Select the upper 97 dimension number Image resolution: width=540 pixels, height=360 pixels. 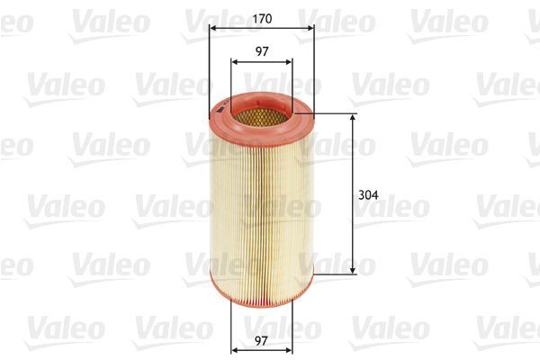pos(262,51)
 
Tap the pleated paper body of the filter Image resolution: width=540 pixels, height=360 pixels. pos(261,207)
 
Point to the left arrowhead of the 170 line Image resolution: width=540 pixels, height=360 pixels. pos(211,28)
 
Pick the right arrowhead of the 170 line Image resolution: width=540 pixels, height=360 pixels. pos(311,28)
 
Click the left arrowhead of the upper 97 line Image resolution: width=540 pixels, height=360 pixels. pos(234,62)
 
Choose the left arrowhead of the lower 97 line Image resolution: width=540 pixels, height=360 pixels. pos(234,349)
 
